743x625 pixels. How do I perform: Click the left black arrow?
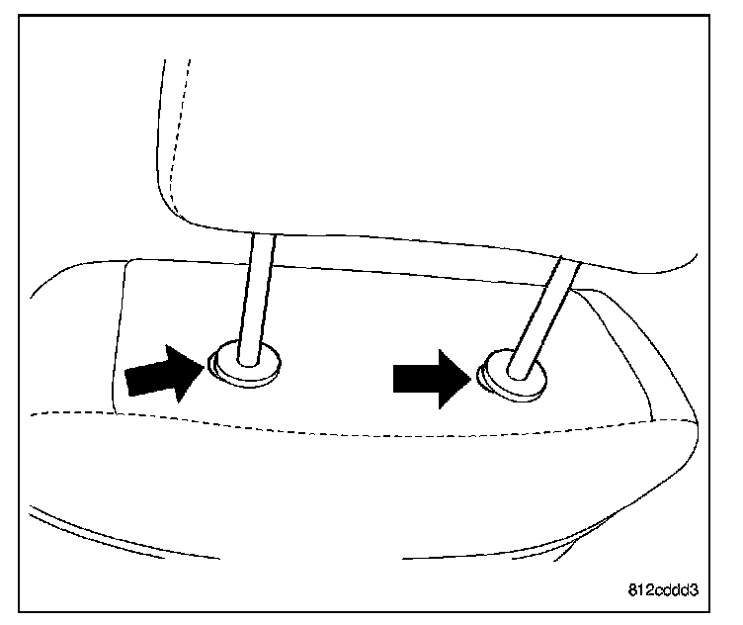click(x=162, y=373)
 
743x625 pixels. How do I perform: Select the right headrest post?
click(x=541, y=312)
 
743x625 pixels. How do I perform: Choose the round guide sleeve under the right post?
click(x=515, y=378)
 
